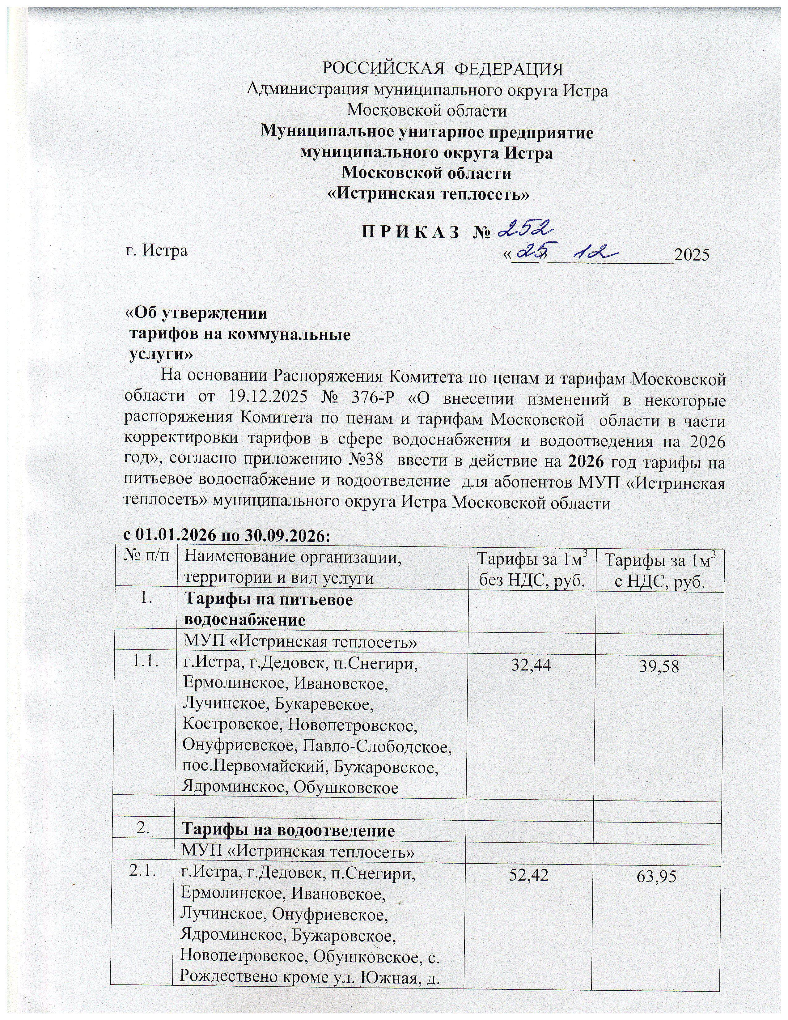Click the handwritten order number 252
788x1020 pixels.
point(527,229)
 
